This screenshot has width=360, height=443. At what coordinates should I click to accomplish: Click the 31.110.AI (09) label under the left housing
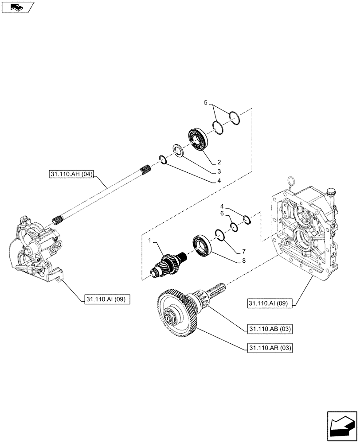[x=106, y=300]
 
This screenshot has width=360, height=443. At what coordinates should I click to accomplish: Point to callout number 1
[x=150, y=240]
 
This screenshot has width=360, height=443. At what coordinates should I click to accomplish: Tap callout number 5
[x=205, y=102]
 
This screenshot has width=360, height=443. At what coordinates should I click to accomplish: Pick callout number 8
[x=243, y=261]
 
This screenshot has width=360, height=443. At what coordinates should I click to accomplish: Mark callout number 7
[x=243, y=251]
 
